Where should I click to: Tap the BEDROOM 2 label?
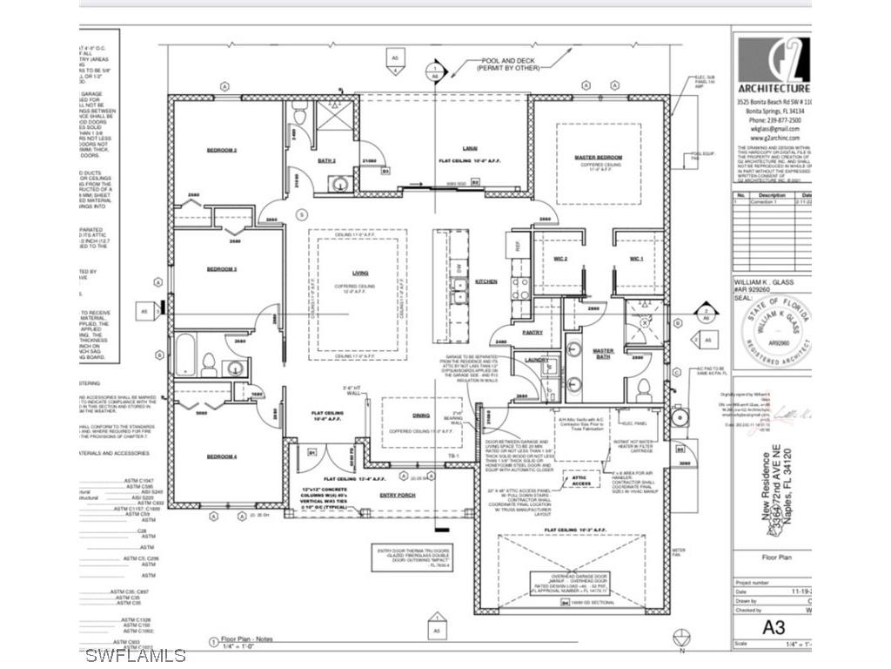click(222, 150)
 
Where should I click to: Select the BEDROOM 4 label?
click(222, 456)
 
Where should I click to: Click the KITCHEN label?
click(486, 281)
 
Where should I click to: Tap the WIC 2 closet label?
click(560, 259)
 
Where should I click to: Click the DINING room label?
click(421, 417)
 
